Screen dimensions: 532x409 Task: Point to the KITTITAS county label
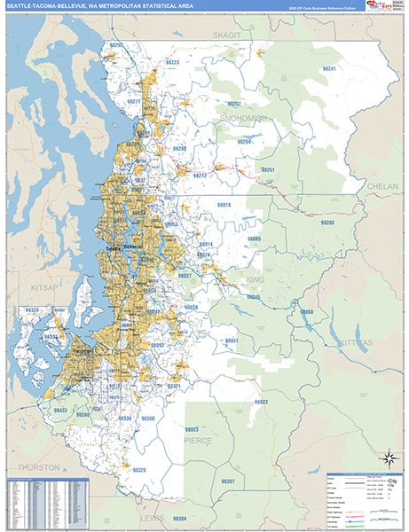click(x=356, y=341)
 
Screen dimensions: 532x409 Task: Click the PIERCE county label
click(x=198, y=437)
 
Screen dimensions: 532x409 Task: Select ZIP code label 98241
click(x=330, y=68)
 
